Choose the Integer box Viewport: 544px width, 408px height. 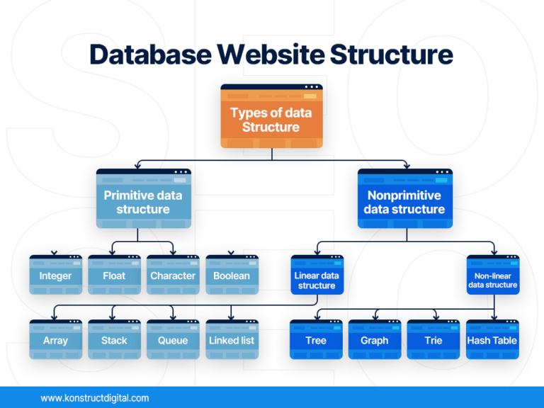(55, 275)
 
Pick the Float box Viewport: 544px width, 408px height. (114, 275)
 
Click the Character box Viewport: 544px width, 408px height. (173, 275)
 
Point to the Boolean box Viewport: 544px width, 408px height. (232, 275)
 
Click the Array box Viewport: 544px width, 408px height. (55, 339)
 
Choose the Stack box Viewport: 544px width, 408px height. (114, 339)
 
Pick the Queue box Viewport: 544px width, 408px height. (173, 339)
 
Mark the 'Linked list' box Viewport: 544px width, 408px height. (232, 339)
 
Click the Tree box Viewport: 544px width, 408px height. (316, 339)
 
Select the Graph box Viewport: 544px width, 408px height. (375, 339)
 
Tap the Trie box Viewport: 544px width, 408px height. (433, 339)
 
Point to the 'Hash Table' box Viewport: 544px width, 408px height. (492, 339)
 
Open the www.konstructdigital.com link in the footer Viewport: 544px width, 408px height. (95, 398)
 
